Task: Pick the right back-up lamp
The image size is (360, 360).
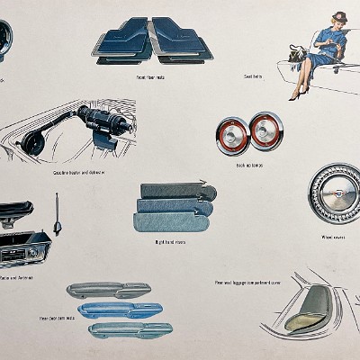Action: [265, 130]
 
